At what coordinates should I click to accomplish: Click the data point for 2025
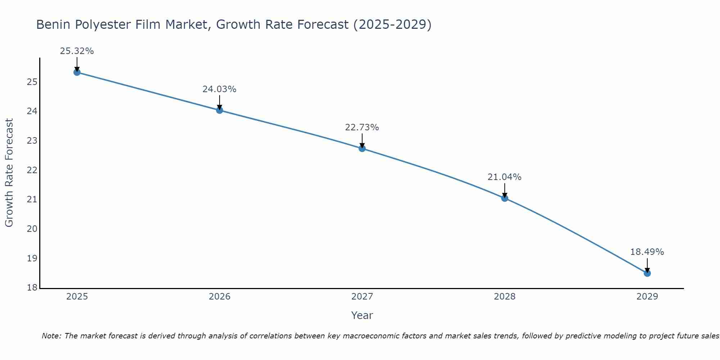[x=77, y=72]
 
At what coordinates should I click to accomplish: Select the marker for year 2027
[x=362, y=148]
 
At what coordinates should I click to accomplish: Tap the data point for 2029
[x=647, y=273]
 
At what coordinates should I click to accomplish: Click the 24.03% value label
[x=219, y=89]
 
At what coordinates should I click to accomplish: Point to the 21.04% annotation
[x=504, y=177]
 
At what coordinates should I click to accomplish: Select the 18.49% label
[x=647, y=252]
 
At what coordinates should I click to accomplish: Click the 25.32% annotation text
[x=77, y=51]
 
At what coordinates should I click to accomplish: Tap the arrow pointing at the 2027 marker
[x=362, y=141]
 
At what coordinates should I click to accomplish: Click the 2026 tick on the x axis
[x=220, y=297]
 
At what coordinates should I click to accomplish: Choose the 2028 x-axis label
[x=505, y=297]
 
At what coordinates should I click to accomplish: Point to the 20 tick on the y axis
[x=32, y=229]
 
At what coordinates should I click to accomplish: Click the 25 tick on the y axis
[x=32, y=82]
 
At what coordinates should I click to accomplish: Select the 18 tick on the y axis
[x=32, y=288]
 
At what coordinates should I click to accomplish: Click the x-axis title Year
[x=362, y=315]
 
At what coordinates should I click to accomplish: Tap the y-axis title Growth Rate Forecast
[x=9, y=173]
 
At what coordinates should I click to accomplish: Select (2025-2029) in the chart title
[x=392, y=24]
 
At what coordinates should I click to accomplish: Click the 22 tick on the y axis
[x=32, y=170]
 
